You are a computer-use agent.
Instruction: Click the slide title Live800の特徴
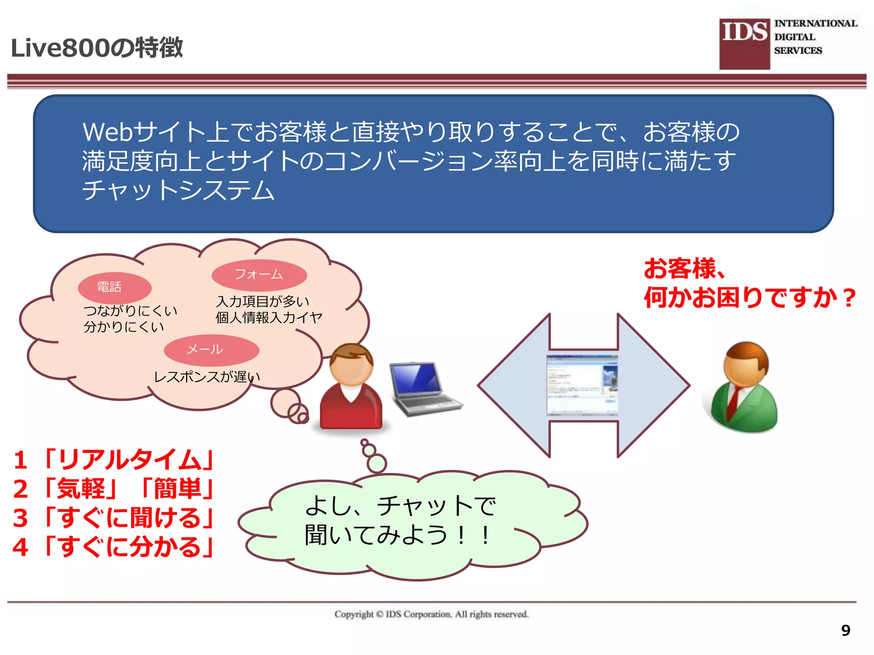point(97,47)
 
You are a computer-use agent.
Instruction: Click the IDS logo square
point(745,44)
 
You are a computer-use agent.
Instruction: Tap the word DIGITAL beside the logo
point(795,37)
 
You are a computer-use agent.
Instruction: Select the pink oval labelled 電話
point(114,287)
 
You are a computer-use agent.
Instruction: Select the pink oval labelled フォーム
point(259,275)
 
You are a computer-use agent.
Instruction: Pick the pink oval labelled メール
point(211,350)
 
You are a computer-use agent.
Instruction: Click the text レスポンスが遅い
point(207,377)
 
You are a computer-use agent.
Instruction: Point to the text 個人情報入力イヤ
point(269,318)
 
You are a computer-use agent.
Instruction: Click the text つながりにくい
point(130,310)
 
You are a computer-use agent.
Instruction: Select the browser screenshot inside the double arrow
point(583,385)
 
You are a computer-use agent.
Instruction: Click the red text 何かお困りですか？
point(749,297)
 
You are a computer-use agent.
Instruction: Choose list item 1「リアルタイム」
point(113,460)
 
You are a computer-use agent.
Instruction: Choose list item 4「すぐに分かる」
point(113,547)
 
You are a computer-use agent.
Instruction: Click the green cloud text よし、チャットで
point(400,506)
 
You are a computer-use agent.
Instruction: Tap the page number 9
point(845,630)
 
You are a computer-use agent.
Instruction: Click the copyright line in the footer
point(431,614)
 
